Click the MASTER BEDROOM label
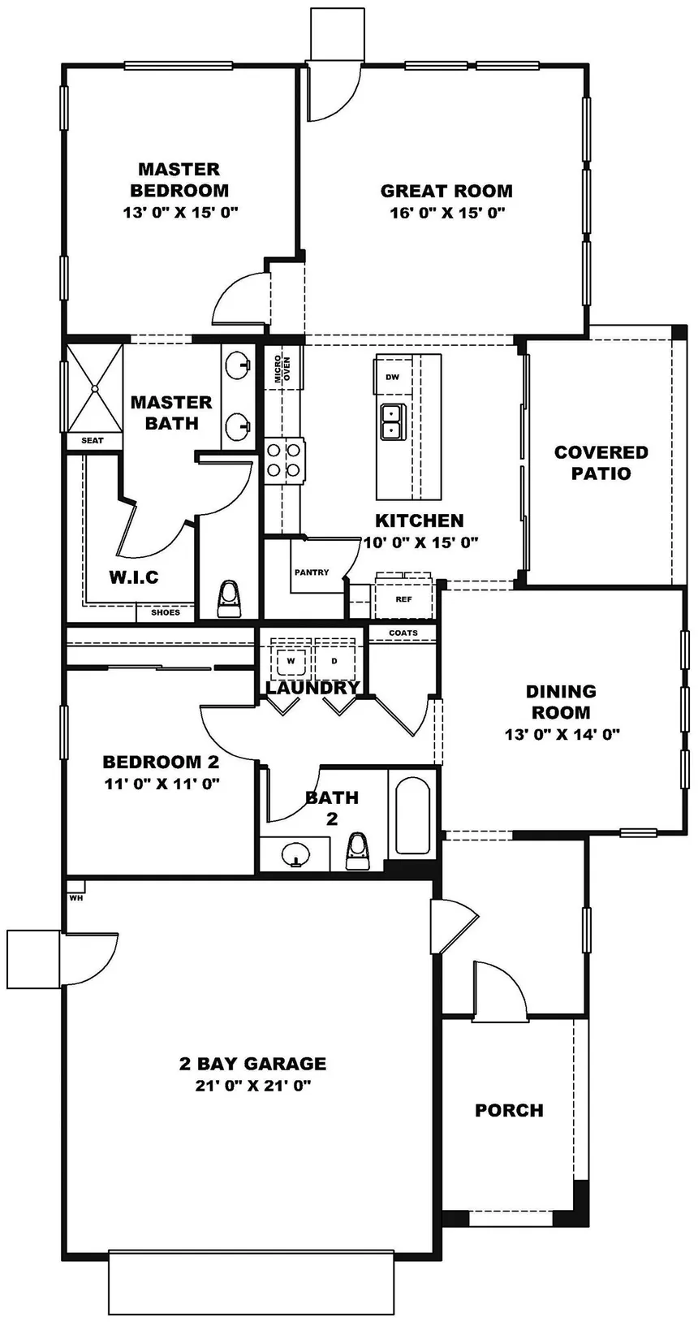point(179,179)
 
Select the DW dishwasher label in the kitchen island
point(393,377)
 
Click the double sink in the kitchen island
point(391,420)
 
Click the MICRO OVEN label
point(282,369)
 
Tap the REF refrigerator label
point(403,599)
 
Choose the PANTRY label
point(312,572)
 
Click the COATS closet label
point(403,633)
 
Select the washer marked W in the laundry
point(291,661)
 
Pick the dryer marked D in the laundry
point(334,661)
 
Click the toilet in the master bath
point(230,598)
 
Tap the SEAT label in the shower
point(93,440)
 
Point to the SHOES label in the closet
point(166,612)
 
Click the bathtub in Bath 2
point(413,814)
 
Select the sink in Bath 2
point(295,853)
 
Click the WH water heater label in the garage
point(75,898)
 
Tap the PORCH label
point(509,1110)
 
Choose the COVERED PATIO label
point(601,463)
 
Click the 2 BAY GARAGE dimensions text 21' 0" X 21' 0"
point(253,1086)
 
